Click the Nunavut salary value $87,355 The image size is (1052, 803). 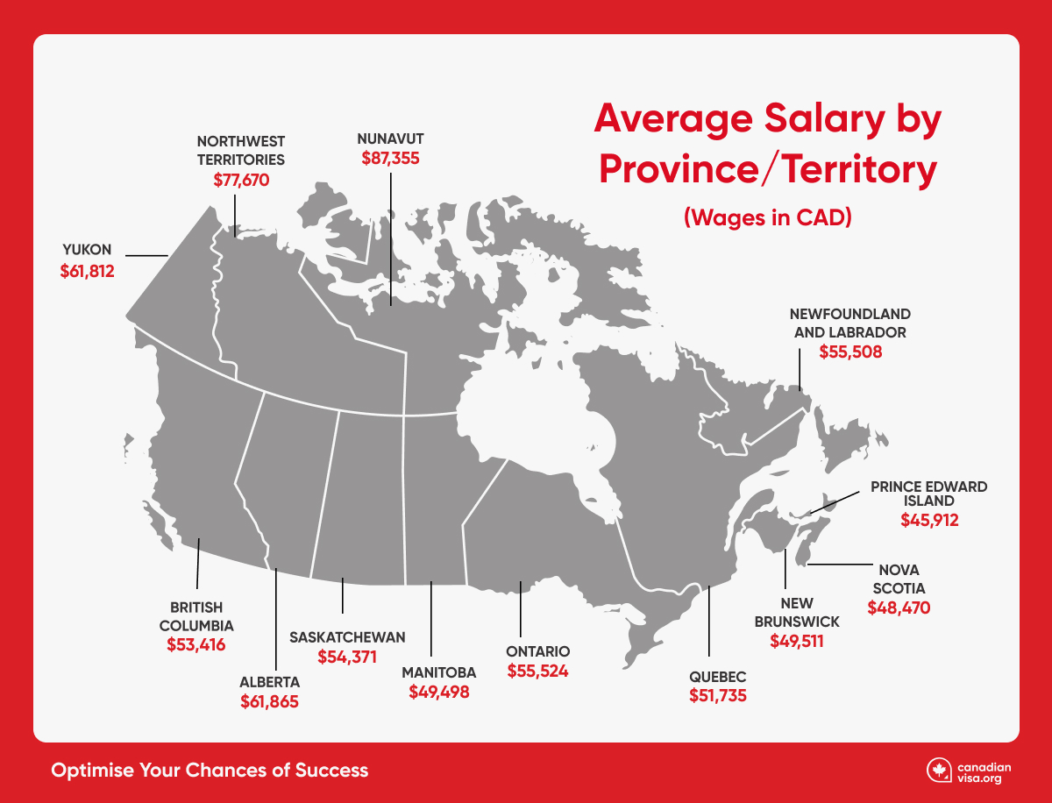[x=391, y=159]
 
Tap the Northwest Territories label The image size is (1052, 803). [x=241, y=150]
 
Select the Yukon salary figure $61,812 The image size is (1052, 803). [x=88, y=271]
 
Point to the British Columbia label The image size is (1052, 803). [x=196, y=616]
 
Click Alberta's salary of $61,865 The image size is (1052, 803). [x=270, y=701]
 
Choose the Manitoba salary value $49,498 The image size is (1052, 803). [x=439, y=692]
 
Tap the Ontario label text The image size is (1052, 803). [x=538, y=651]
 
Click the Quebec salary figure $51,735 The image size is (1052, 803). [x=717, y=696]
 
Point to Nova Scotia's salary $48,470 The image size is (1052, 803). [x=899, y=607]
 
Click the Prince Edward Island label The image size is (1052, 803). [x=928, y=493]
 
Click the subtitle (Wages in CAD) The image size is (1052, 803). [x=768, y=218]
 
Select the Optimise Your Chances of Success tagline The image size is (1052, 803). [x=210, y=771]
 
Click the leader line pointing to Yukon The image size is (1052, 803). [x=147, y=256]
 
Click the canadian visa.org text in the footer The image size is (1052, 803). [x=982, y=771]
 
